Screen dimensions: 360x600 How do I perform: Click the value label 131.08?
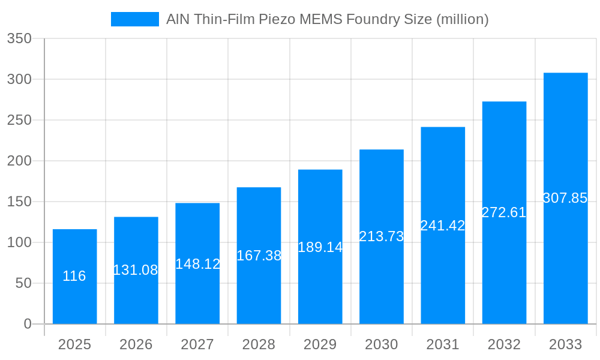[136, 270]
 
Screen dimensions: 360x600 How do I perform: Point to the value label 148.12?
[197, 264]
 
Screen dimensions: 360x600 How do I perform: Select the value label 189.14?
[320, 247]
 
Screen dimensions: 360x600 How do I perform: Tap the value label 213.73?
[382, 236]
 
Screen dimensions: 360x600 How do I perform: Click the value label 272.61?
[504, 212]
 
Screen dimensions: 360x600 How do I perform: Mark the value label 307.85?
[565, 198]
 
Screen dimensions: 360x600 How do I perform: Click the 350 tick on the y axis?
[19, 38]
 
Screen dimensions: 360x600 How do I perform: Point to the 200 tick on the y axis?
[19, 161]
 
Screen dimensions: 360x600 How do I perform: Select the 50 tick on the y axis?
[23, 283]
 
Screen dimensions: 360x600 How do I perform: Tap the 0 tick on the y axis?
[28, 324]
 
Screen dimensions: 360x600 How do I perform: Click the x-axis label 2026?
[136, 344]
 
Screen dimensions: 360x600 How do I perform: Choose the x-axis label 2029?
[320, 344]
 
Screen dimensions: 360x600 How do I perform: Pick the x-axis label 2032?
[504, 344]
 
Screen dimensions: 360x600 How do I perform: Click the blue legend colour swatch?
[135, 19]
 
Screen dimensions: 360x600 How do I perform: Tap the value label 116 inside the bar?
[74, 276]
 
